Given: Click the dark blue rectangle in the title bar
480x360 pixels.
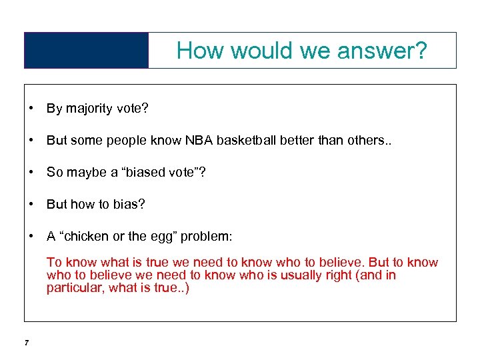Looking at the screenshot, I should click(x=86, y=51).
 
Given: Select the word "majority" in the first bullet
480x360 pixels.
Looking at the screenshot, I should click(x=91, y=109).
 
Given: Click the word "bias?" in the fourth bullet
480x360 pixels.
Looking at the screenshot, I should click(x=127, y=204).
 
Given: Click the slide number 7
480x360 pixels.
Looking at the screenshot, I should click(x=25, y=343).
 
